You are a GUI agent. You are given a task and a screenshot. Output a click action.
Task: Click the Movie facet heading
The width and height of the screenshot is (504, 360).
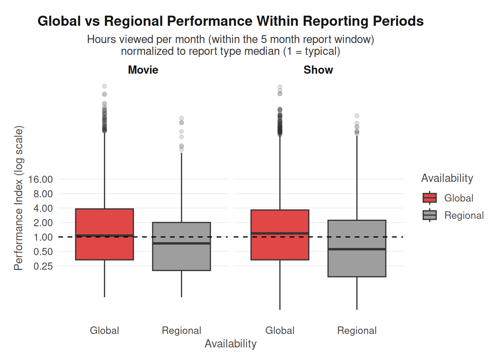pos(143,70)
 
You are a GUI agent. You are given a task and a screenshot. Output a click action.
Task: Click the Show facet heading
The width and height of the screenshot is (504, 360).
pos(318,70)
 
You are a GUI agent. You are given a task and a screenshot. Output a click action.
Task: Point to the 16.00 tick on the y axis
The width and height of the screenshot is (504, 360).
pos(40,179)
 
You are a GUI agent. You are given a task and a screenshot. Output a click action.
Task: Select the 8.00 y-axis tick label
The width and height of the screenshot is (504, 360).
pos(43,194)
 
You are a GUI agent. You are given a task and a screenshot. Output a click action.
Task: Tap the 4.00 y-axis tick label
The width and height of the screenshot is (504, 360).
pos(43,208)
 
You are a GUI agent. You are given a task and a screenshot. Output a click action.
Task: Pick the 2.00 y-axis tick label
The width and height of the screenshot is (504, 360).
pos(43,223)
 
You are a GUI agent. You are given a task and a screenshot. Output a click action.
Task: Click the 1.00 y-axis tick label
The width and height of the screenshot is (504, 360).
pos(43,237)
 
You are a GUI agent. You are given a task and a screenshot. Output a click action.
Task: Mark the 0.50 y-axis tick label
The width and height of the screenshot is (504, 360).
pos(43,252)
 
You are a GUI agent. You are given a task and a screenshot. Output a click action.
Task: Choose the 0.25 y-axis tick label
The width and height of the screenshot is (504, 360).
pos(43,266)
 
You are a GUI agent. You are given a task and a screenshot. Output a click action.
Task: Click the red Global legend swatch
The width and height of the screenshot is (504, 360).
pos(429,198)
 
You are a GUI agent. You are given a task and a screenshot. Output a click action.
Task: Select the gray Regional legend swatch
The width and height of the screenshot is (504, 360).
pos(429,215)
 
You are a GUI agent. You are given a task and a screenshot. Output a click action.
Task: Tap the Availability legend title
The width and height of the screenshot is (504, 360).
pos(447,178)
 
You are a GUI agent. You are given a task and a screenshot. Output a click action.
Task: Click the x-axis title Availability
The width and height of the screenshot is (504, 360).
pos(230,344)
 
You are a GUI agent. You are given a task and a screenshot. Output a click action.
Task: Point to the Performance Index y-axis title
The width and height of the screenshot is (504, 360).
pos(19,198)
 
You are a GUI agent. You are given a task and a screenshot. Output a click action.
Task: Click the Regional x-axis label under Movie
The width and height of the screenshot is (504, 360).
pos(181,331)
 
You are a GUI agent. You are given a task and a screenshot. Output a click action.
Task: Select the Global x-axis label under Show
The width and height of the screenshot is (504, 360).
pos(280,331)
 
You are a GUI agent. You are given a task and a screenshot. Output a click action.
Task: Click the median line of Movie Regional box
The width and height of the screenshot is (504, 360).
pos(181,243)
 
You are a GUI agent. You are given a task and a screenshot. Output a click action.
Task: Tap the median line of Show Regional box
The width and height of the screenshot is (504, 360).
pos(357,249)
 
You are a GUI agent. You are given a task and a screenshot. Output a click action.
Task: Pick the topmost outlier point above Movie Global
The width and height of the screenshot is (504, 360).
pos(105,86)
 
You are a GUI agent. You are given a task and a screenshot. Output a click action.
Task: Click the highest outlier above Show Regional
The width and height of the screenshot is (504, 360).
pos(357,116)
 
